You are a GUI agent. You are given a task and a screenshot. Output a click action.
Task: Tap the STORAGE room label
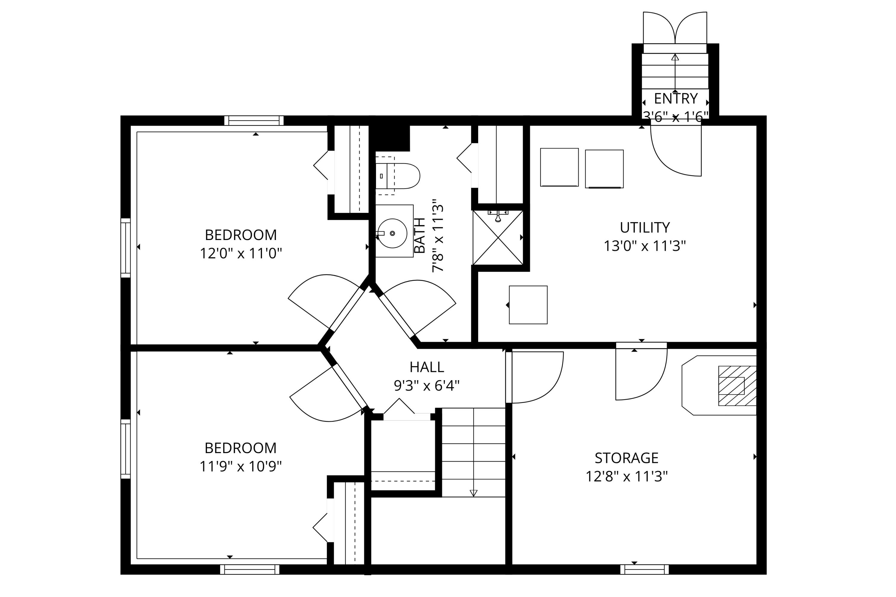click(x=627, y=458)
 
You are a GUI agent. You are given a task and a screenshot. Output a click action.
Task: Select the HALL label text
click(x=427, y=367)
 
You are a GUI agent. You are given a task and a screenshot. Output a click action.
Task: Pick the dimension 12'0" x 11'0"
click(x=241, y=253)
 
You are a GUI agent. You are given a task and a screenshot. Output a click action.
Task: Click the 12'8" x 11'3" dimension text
click(x=627, y=476)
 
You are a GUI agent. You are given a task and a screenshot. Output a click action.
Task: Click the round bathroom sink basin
click(x=392, y=233)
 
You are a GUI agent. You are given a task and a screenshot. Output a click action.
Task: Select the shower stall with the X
click(x=498, y=238)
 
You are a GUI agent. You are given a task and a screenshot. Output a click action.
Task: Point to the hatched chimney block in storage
click(x=737, y=386)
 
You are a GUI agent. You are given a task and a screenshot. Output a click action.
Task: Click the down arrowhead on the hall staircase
click(x=473, y=493)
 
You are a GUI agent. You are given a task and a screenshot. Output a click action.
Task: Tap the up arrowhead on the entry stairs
click(x=675, y=57)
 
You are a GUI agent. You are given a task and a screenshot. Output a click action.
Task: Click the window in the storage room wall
click(x=645, y=569)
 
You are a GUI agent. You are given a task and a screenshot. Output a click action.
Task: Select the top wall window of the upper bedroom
click(x=254, y=120)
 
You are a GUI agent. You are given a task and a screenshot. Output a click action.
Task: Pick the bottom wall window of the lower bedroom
click(x=249, y=569)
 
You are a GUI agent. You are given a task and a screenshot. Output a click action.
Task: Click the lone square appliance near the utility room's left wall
click(x=528, y=305)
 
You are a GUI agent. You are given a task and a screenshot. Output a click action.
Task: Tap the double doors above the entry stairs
click(x=675, y=28)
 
